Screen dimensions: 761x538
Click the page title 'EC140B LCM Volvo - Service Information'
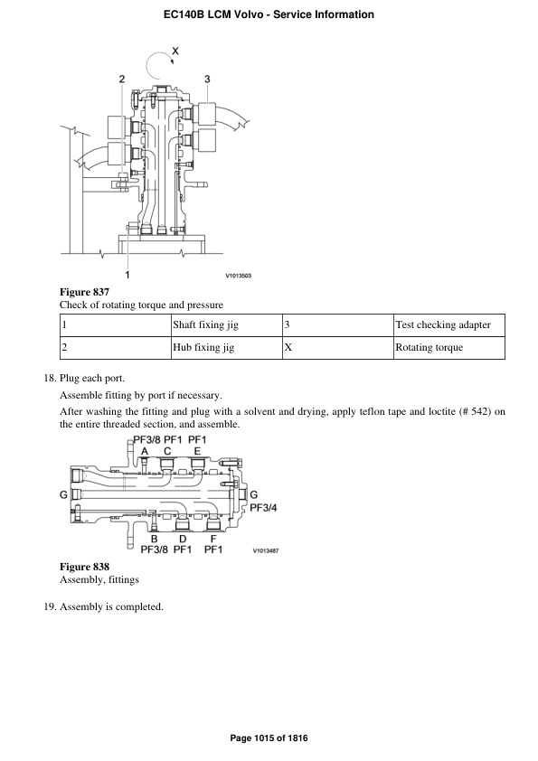click(x=269, y=14)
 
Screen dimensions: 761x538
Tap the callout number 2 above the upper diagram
click(x=122, y=80)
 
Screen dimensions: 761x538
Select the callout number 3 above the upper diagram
click(x=207, y=80)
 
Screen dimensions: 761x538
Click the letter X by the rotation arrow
click(x=175, y=52)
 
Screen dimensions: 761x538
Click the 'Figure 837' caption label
click(x=84, y=292)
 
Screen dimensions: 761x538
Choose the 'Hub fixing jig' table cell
click(x=203, y=347)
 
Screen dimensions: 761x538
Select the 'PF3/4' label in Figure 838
click(x=263, y=507)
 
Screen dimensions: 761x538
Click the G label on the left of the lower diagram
click(x=63, y=494)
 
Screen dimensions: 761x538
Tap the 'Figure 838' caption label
click(x=84, y=567)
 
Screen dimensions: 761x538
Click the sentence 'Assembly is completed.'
click(x=111, y=606)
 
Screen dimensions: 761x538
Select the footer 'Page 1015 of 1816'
click(x=269, y=738)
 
